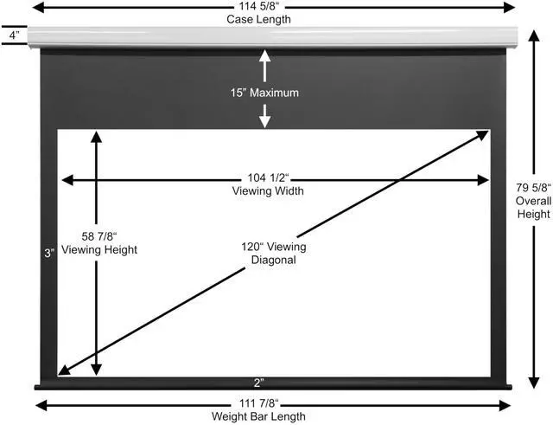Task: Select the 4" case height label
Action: click(x=13, y=36)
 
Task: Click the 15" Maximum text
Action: click(x=265, y=92)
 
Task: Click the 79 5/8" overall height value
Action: click(x=533, y=187)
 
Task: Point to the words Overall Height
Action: click(x=533, y=207)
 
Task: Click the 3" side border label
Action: click(x=51, y=253)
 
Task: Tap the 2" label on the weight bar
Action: click(x=258, y=382)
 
